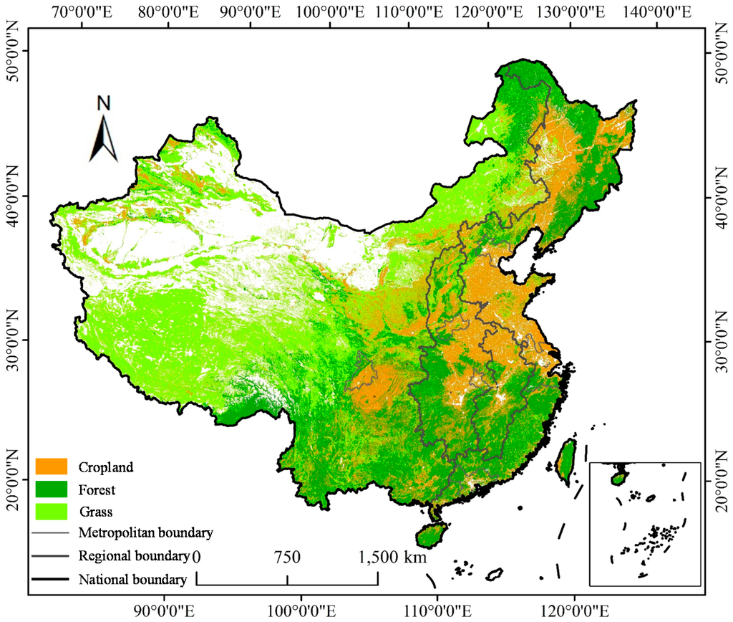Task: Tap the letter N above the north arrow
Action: (105, 103)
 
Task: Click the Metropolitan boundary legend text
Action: (146, 533)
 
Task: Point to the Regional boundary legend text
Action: (134, 556)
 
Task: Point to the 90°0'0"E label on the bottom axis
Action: (165, 611)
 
